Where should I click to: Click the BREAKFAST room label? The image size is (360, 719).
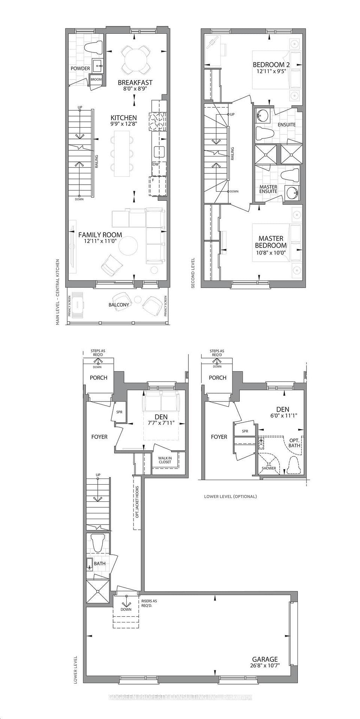point(135,83)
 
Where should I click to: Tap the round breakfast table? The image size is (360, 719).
point(135,60)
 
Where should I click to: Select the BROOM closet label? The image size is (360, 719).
point(96,79)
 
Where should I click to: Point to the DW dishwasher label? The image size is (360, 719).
point(156,164)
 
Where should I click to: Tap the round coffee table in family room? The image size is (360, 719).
point(128,246)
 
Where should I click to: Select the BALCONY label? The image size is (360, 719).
point(119,305)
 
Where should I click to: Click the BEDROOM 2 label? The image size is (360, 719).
point(271,64)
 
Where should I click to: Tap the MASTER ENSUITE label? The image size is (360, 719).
point(269,189)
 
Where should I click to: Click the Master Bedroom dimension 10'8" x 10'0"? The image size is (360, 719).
point(271,253)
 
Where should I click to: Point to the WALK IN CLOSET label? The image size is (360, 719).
point(164,460)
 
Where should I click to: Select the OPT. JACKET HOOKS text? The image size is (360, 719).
point(137,502)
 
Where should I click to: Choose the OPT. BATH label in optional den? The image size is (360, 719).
point(294,443)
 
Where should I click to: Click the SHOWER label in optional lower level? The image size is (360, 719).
point(269,468)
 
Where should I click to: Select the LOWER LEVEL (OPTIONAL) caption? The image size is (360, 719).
point(230,497)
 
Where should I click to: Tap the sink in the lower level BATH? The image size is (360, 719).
point(90,564)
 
